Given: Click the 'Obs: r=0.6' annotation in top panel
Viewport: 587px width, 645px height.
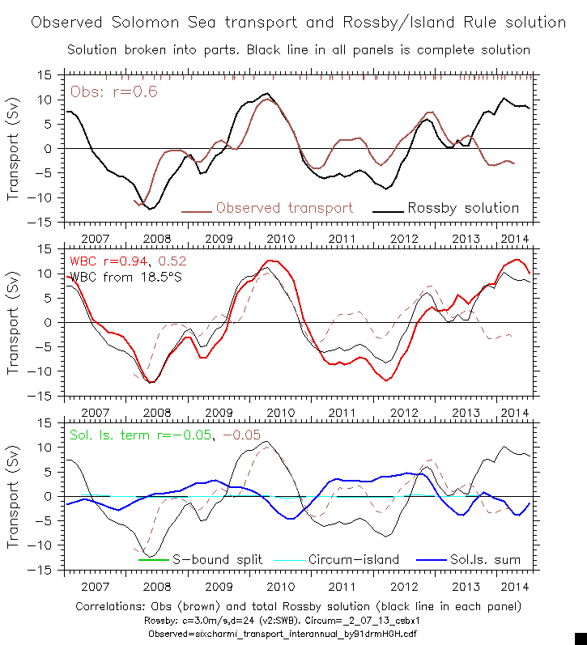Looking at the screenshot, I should coord(113,91).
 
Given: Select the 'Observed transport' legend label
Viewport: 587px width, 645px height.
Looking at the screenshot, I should coord(284,208).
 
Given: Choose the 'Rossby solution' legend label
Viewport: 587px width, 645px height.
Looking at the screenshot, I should coord(463,208).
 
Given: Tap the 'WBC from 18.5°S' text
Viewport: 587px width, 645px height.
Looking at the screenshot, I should coord(123,277).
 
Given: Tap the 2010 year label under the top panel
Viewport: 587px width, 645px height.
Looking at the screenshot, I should coord(280,240).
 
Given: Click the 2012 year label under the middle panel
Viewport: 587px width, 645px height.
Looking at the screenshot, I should coord(404,414).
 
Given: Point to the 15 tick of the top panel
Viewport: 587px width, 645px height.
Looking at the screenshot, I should coord(45,75).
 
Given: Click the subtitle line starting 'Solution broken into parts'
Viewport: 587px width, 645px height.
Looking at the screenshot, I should coord(298,50).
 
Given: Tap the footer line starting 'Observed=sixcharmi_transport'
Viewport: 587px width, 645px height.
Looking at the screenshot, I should coord(298,634).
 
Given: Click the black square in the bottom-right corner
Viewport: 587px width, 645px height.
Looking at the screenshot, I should coord(581,639).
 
